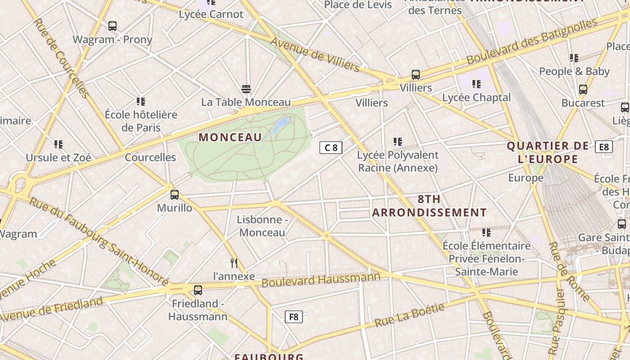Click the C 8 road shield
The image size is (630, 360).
tap(331, 148)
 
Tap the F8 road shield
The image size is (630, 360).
tap(293, 317)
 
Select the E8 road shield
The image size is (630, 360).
tap(603, 147)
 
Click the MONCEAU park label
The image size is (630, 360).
tap(230, 137)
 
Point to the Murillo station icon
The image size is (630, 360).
tap(175, 195)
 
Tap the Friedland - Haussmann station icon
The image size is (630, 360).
tap(198, 290)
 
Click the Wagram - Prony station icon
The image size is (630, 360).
tap(112, 26)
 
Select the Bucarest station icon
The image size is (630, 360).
tap(583, 90)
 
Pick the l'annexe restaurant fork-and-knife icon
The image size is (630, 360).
tap(234, 263)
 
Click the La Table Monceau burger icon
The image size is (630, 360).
tap(246, 89)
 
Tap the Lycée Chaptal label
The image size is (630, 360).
tap(476, 98)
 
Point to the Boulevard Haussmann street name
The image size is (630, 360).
tap(321, 280)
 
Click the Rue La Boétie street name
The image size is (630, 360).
tap(409, 315)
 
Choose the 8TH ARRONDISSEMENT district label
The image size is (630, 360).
tap(429, 206)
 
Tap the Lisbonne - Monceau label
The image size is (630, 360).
tap(262, 226)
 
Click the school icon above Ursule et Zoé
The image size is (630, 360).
tap(58, 144)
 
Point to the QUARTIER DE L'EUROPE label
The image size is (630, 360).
tap(548, 153)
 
